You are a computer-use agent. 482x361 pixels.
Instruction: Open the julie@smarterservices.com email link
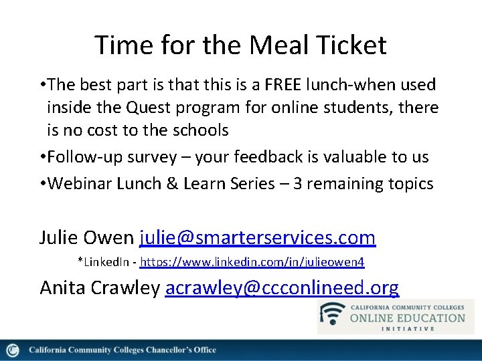click(257, 237)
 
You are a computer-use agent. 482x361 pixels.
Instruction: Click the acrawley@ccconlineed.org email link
click(281, 287)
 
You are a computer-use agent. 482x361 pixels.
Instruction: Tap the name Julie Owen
click(86, 237)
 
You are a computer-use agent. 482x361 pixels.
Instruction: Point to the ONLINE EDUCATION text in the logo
click(408, 317)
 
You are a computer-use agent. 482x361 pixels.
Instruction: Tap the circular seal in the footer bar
click(12, 350)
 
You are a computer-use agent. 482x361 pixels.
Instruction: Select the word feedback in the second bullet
click(296, 157)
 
